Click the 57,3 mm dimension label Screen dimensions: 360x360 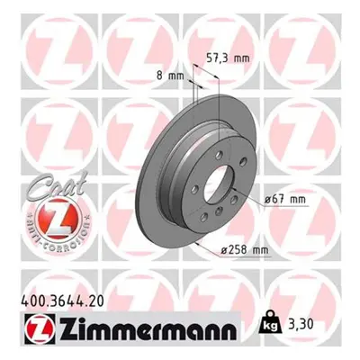229,58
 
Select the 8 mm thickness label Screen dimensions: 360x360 170,76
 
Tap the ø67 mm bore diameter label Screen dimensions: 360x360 284,199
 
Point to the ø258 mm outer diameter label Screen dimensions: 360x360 245,250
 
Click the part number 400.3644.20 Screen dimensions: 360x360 63,301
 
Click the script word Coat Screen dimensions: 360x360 57,185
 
